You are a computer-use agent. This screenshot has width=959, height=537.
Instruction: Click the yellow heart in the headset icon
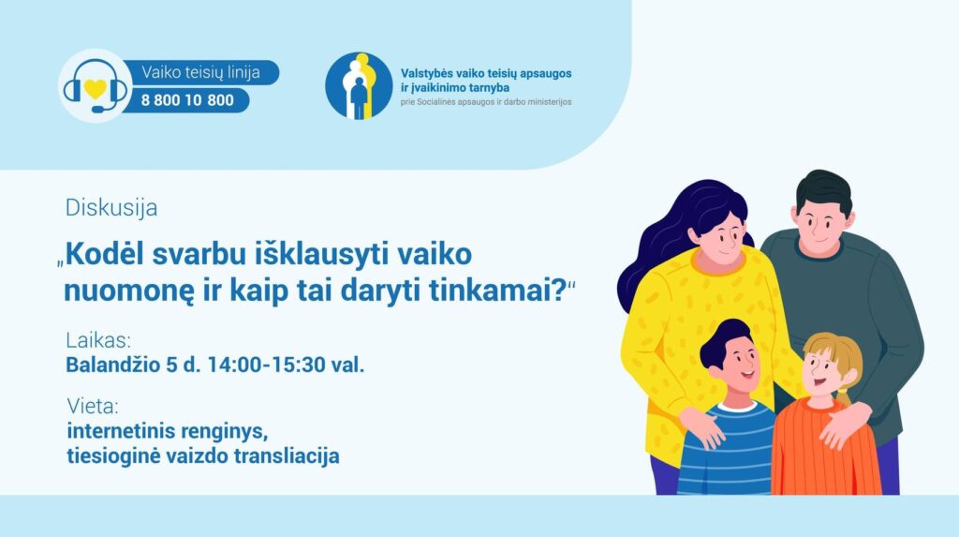point(96,89)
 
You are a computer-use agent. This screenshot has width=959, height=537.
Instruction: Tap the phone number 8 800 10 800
point(187,100)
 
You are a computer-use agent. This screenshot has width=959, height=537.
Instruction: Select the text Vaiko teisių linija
point(200,72)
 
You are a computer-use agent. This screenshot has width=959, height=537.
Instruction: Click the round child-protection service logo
point(359,85)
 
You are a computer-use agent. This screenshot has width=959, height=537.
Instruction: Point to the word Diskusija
point(111,207)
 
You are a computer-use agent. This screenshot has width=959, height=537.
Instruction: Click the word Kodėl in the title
point(105,253)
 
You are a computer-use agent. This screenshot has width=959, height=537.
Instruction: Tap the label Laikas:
point(97,340)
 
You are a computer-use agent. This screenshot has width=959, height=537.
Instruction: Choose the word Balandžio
point(113,365)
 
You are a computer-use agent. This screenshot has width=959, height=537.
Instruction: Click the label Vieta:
point(93,406)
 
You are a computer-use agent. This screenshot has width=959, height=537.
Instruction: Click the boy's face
point(736,361)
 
